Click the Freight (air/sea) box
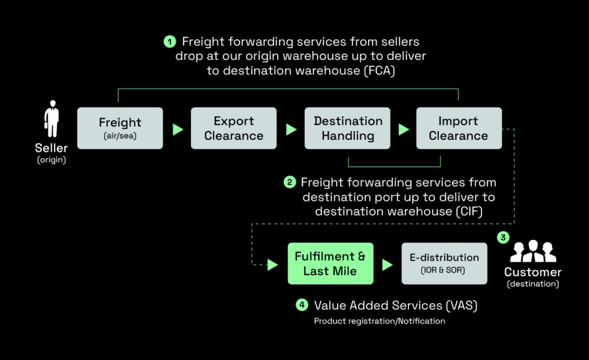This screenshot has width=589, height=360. [x=120, y=128]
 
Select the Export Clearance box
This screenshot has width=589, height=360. [x=234, y=128]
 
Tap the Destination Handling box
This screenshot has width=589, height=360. [x=347, y=128]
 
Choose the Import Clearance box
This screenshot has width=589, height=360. [x=458, y=128]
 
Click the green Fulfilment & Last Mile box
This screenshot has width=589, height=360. [x=330, y=263]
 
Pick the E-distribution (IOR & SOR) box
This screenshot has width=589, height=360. [x=444, y=263]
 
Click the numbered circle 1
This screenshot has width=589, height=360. [x=169, y=41]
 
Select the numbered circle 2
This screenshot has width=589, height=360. [x=290, y=182]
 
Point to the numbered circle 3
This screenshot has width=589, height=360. [x=503, y=236]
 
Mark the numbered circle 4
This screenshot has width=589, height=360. [x=302, y=305]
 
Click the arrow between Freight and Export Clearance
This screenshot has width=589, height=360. [x=178, y=129]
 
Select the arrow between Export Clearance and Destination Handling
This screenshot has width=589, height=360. [x=291, y=129]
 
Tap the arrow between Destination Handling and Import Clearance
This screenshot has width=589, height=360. [x=404, y=129]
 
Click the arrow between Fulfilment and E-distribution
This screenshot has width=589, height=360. [x=387, y=265]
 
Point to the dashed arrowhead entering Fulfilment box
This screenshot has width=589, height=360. [x=273, y=265]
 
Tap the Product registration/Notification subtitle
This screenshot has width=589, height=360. [x=379, y=321]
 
